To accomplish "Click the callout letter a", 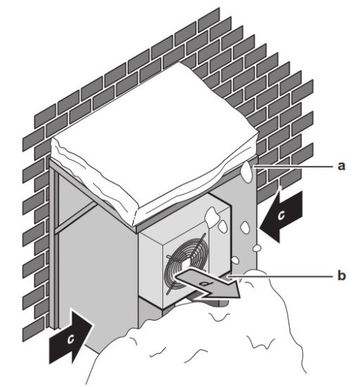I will point(342,166).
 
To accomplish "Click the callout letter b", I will point(342,277).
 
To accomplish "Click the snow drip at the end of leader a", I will point(248,172).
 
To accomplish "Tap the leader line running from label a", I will point(295,167).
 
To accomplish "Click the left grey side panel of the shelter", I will point(98,281).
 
